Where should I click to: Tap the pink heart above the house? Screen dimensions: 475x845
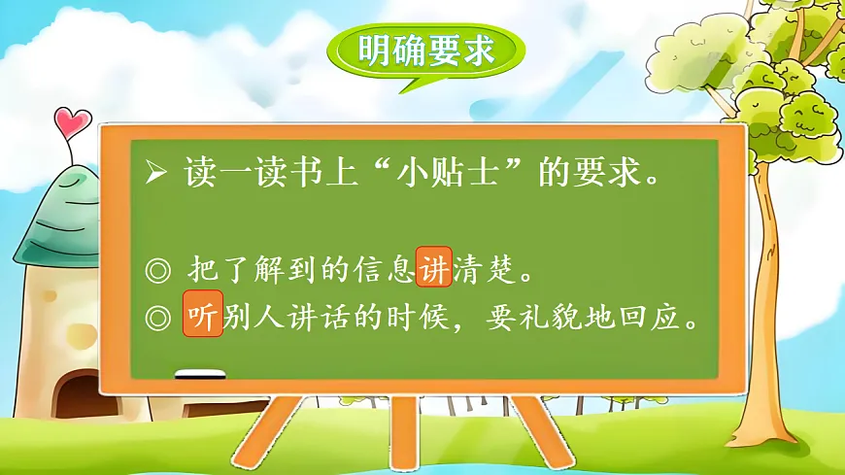tap(72, 122)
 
